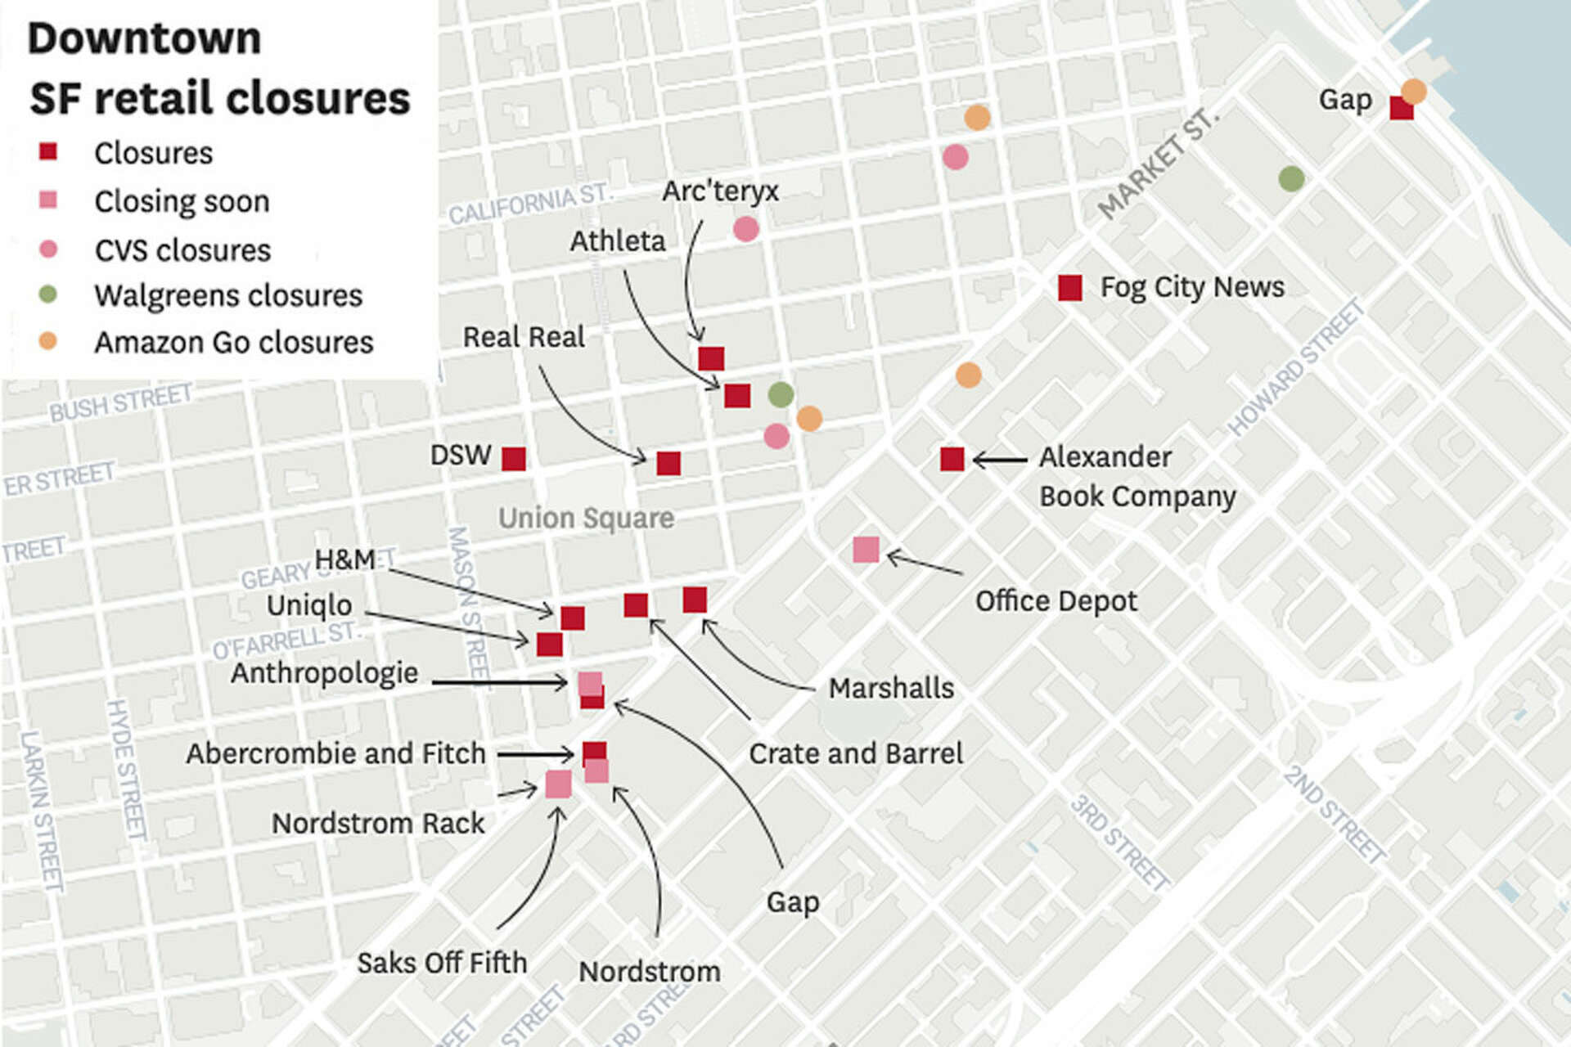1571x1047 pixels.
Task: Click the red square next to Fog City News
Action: click(x=1069, y=288)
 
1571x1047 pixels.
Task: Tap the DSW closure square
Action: click(x=514, y=459)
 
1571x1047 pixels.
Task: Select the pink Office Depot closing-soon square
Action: click(x=866, y=550)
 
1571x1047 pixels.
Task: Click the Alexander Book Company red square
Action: click(x=952, y=459)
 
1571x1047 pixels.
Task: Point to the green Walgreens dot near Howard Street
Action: click(x=1291, y=178)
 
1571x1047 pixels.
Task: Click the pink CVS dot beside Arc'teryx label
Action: click(x=745, y=229)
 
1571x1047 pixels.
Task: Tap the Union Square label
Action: click(x=586, y=518)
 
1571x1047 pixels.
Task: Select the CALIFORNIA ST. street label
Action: click(x=529, y=204)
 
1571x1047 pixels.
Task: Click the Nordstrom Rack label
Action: click(x=378, y=823)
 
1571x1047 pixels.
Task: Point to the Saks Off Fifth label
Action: click(x=442, y=963)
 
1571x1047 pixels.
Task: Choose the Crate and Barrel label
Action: click(x=856, y=753)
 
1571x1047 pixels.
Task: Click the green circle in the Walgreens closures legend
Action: click(x=48, y=294)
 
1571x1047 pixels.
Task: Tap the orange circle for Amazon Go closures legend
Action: click(x=48, y=341)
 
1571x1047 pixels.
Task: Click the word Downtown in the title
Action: click(x=145, y=38)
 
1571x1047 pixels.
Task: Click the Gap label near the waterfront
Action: click(x=1345, y=100)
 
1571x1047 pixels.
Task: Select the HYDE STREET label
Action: click(x=127, y=769)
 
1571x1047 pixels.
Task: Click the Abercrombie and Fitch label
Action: click(x=335, y=753)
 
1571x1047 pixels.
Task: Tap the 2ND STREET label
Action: click(x=1334, y=813)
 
